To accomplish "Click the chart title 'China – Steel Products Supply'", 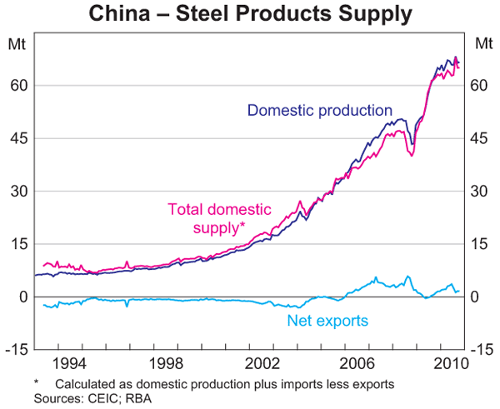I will point(251,14).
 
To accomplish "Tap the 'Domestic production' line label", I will point(320,110).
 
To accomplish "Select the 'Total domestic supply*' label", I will point(214,217).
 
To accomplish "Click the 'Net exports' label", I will point(327,320).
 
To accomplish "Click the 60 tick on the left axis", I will point(19,85).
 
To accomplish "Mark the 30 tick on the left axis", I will point(19,191).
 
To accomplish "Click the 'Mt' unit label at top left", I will point(17,43).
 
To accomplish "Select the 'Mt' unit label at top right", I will point(482,43).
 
